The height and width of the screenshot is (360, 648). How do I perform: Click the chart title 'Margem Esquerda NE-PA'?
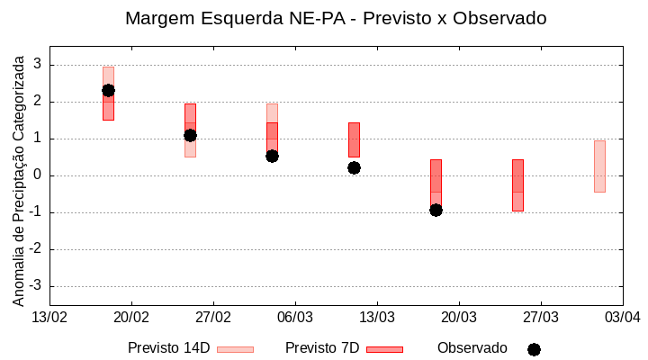tap(335, 18)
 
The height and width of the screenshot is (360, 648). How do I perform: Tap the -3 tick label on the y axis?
tap(36, 286)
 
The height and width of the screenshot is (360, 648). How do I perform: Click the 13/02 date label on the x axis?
tap(49, 317)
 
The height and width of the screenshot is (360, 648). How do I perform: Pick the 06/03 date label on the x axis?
tap(294, 317)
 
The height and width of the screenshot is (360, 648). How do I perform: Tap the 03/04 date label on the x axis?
tap(621, 317)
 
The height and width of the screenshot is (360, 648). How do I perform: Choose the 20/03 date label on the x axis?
tap(458, 317)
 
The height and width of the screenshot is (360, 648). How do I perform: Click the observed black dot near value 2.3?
tap(108, 90)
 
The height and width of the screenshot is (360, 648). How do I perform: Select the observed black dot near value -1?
tap(436, 210)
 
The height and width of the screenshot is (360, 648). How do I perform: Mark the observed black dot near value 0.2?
tap(354, 167)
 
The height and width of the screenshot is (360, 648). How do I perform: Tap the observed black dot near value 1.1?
tap(190, 135)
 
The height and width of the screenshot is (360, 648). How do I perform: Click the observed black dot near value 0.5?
tap(272, 156)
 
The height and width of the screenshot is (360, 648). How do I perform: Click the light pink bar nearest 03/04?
tap(599, 166)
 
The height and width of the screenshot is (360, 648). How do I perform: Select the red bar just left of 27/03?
tap(517, 184)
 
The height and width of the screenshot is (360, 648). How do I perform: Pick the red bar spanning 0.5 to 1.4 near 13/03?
tap(354, 139)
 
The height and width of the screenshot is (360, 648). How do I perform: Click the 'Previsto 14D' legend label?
tap(168, 348)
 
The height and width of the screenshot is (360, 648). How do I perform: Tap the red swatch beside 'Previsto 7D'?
tap(384, 349)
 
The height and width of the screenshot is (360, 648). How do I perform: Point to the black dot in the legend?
tap(534, 349)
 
